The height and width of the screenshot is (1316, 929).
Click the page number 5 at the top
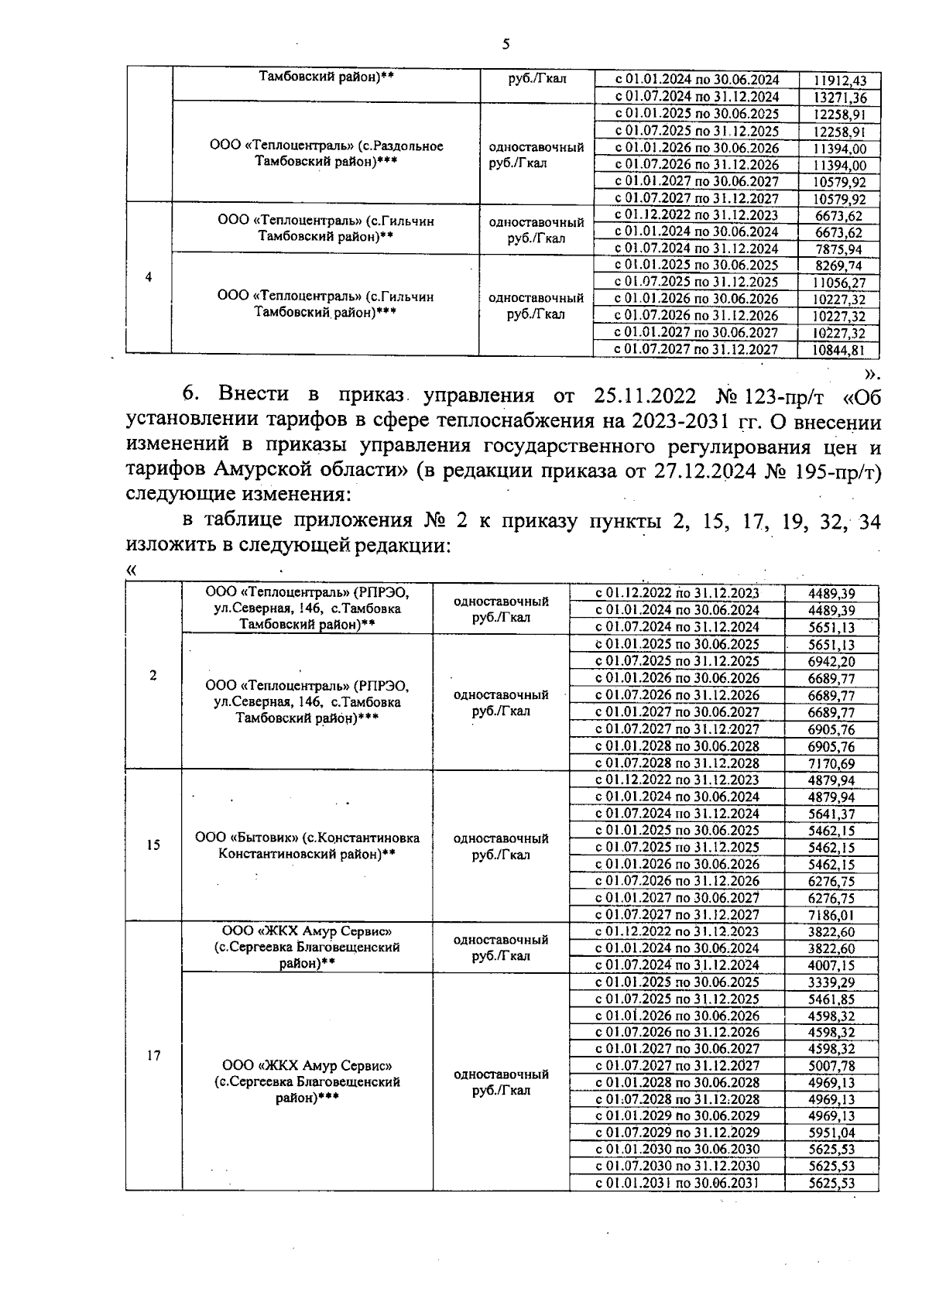click(506, 44)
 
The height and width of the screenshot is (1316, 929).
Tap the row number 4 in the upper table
click(149, 278)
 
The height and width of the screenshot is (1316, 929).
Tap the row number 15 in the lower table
click(153, 845)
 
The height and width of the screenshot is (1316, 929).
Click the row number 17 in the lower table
click(153, 1055)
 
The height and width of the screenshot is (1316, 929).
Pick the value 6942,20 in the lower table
click(831, 661)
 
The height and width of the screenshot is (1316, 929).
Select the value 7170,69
click(831, 763)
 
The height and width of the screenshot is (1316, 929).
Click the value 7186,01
click(831, 914)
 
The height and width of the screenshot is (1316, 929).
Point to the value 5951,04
click(831, 1133)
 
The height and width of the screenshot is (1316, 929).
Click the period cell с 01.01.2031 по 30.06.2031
click(677, 1183)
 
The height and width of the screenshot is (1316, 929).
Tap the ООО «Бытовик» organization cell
click(307, 845)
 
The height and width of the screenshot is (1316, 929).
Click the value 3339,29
click(831, 982)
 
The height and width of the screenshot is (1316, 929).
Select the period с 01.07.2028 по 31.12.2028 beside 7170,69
click(677, 763)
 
